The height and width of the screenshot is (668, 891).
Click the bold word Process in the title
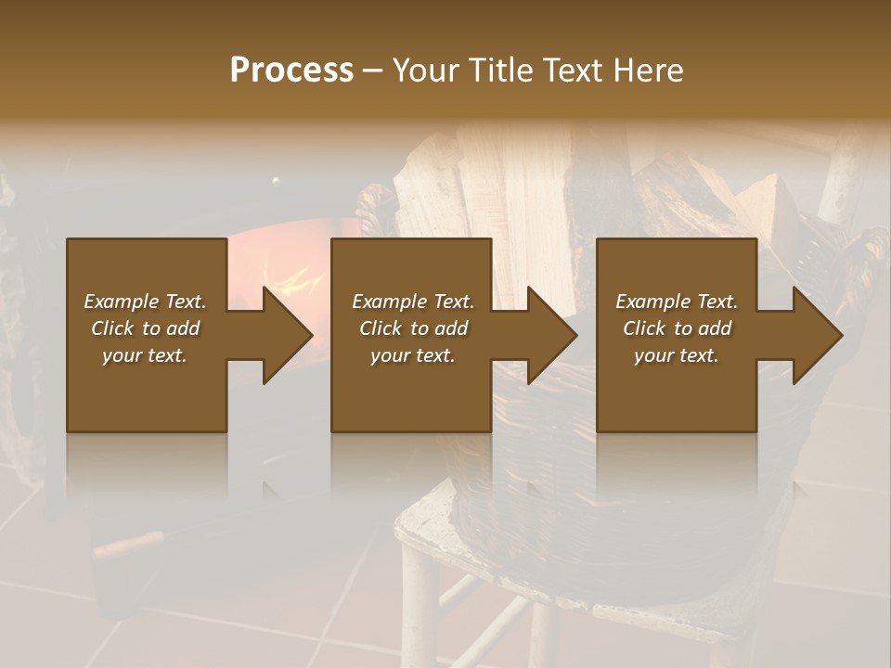(291, 71)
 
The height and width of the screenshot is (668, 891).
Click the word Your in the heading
(427, 71)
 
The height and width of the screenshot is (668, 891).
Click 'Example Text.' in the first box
(145, 302)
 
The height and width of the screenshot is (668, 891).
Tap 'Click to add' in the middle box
(413, 328)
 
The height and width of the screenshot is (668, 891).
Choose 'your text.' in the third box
(676, 355)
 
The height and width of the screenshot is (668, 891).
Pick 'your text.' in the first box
(145, 355)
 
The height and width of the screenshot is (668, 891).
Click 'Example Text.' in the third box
(676, 302)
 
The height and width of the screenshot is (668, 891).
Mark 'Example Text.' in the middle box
(413, 302)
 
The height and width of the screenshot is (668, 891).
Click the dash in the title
(372, 71)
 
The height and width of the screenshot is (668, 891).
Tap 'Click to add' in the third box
(676, 328)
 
